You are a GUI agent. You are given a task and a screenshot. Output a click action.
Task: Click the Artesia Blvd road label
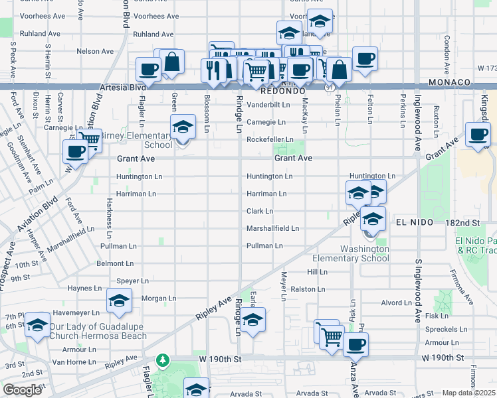(x=122, y=87)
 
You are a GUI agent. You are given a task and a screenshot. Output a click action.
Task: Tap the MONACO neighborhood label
(x=450, y=82)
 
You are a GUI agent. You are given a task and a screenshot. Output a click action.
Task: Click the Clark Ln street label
(x=260, y=211)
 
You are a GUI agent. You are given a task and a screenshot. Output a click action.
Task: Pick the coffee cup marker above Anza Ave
(x=355, y=344)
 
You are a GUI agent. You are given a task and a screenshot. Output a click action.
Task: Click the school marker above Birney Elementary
(x=183, y=127)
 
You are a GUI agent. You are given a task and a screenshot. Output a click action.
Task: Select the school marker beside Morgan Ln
(x=120, y=301)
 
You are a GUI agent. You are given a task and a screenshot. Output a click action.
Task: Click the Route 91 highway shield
(x=330, y=87)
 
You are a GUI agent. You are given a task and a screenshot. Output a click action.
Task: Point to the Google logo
(x=22, y=391)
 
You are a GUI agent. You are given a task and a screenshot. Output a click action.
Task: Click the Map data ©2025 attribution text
(x=469, y=393)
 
